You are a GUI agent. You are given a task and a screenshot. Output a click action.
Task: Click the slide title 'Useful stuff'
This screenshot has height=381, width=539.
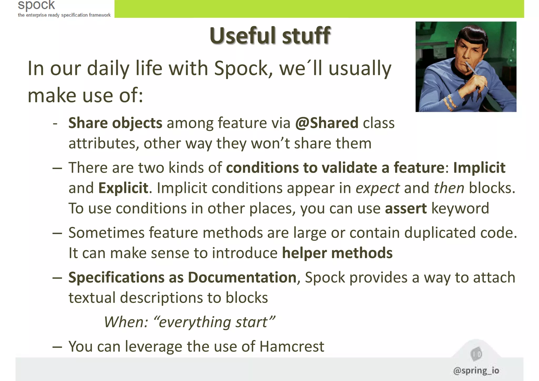tap(270, 36)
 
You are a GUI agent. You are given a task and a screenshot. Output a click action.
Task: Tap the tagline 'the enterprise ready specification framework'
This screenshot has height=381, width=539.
tap(64, 15)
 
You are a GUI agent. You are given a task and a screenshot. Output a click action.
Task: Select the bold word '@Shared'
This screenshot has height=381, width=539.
tap(327, 123)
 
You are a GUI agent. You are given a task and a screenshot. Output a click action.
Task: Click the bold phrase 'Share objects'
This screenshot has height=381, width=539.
tap(115, 123)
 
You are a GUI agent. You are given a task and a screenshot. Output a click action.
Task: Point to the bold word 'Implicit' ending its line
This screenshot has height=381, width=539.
tap(479, 168)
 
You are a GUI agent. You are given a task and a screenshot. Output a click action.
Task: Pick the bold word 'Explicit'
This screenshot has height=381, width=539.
tap(123, 188)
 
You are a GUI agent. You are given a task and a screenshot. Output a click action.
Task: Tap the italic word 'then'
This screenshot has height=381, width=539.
tap(449, 188)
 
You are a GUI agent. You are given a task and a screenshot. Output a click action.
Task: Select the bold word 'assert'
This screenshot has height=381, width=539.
tap(406, 209)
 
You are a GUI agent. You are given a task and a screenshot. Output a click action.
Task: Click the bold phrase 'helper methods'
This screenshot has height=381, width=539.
tap(337, 253)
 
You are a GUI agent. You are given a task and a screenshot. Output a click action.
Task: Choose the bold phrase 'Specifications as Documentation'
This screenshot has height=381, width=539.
tap(182, 278)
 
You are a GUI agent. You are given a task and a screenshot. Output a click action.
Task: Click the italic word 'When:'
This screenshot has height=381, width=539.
tap(126, 322)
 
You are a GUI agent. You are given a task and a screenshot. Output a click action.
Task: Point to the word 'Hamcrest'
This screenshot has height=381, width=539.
tap(292, 347)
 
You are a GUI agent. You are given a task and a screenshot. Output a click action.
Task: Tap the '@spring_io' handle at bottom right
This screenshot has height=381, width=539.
tap(476, 370)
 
